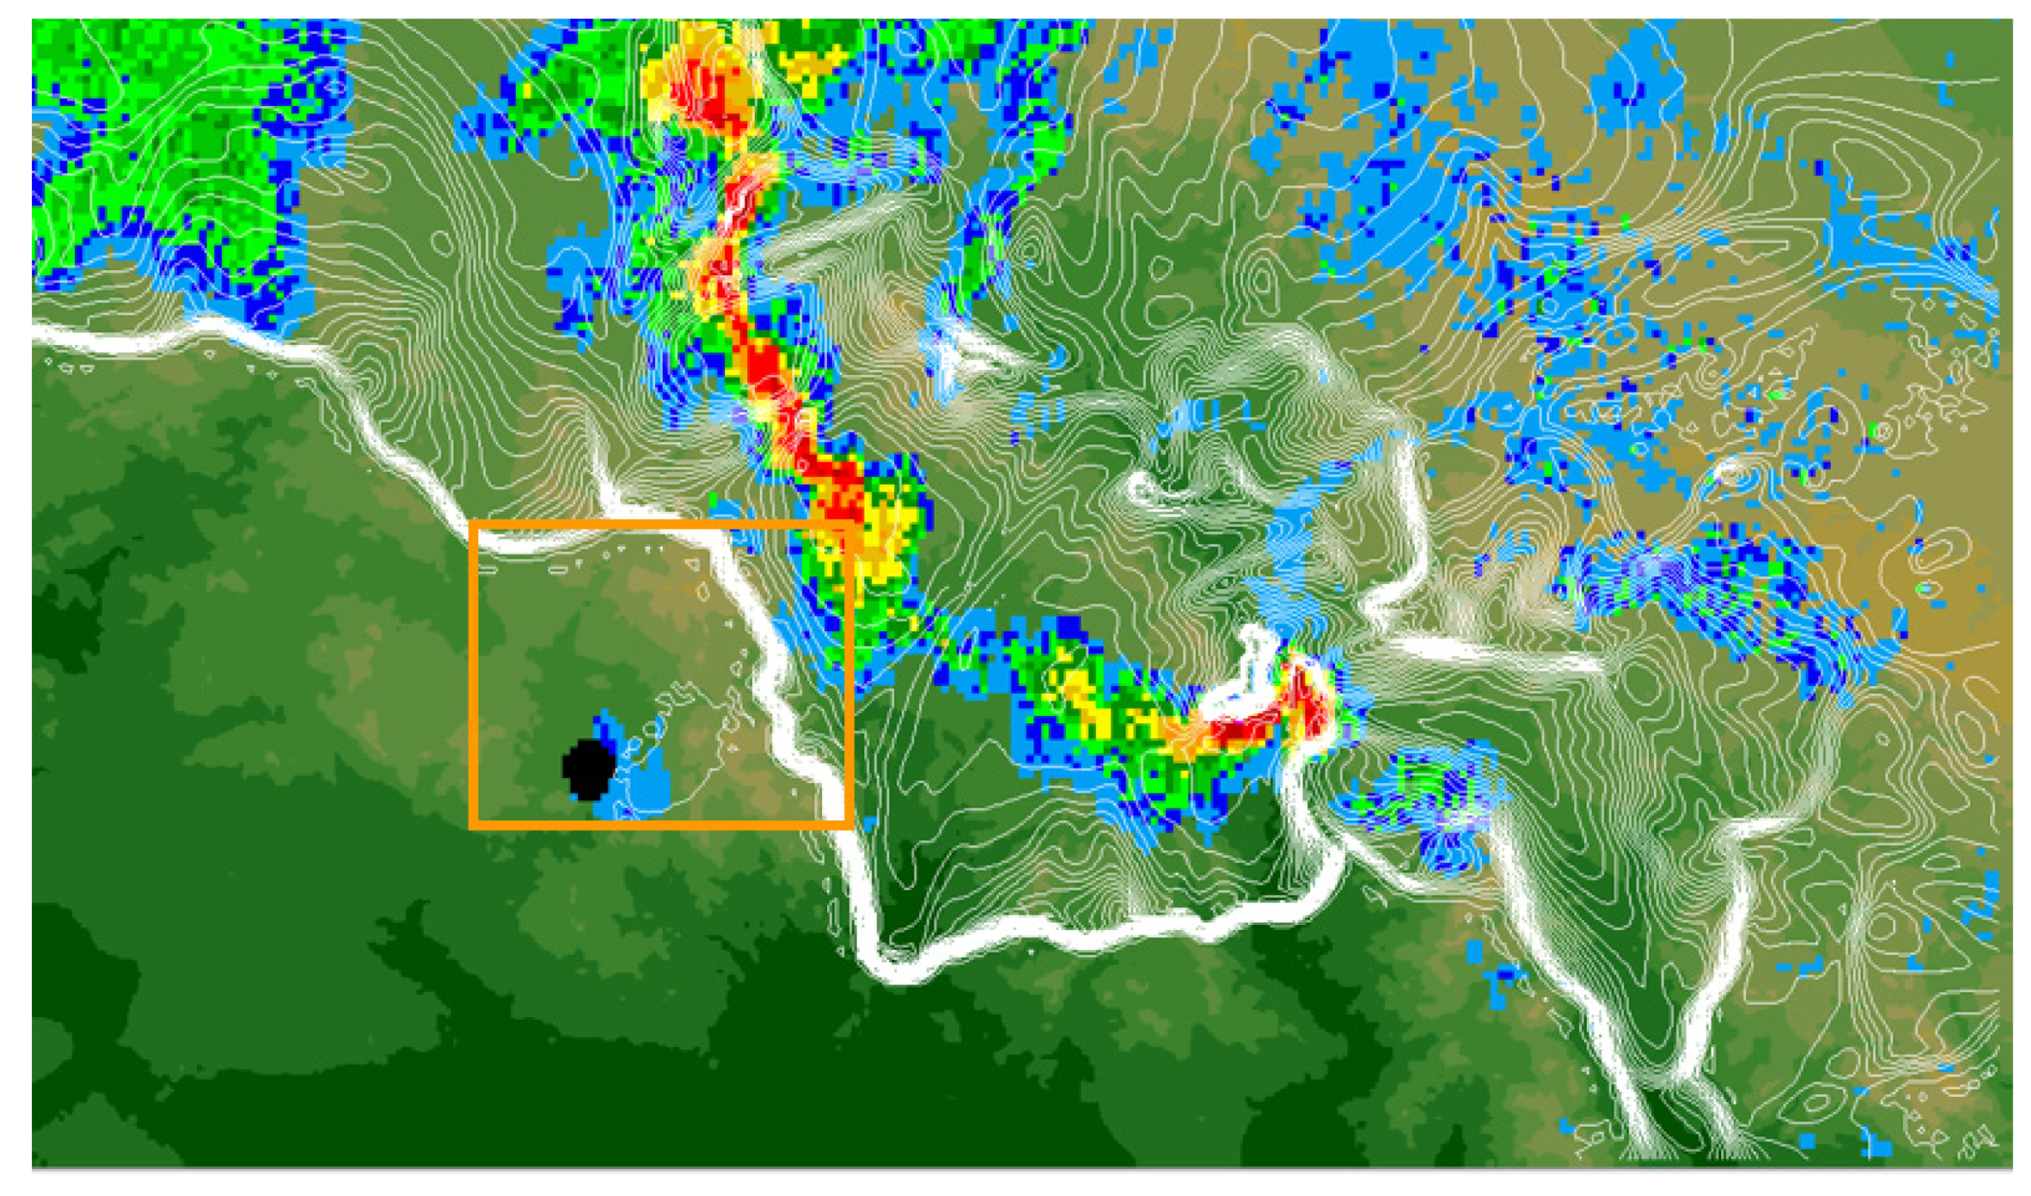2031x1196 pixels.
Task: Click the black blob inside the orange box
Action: click(589, 769)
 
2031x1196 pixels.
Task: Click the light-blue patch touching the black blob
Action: click(644, 786)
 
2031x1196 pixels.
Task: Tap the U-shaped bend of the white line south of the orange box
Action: click(886, 963)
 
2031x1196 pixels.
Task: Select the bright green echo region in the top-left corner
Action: click(161, 121)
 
